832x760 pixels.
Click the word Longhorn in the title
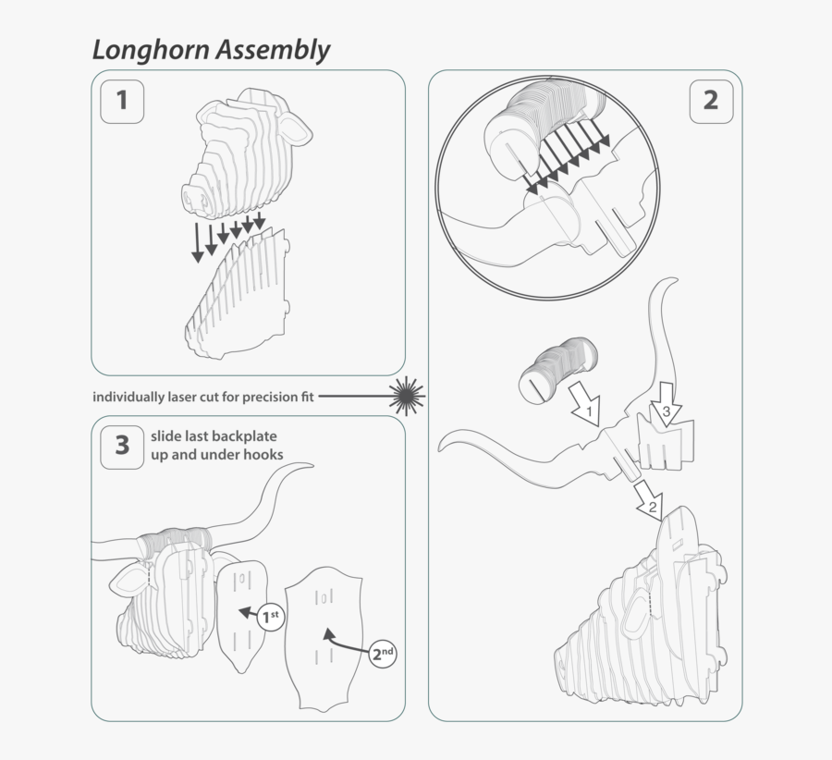(150, 50)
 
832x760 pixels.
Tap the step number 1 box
(122, 100)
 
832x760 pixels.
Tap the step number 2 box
(710, 100)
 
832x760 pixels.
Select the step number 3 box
(122, 446)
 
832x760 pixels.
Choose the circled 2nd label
(383, 653)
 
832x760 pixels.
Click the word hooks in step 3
(263, 455)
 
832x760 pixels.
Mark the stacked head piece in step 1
(239, 152)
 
